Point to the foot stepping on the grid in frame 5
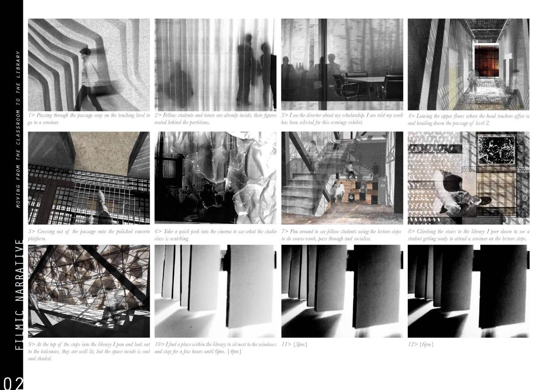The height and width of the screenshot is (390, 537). (101, 197)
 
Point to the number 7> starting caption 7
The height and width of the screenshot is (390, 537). (285, 232)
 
